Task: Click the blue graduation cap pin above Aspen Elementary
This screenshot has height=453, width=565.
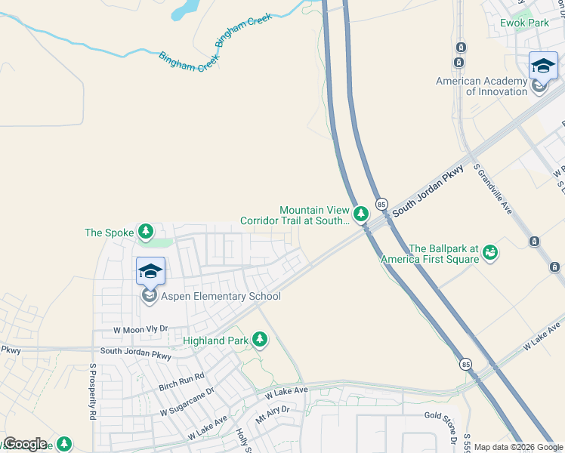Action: [x=150, y=271]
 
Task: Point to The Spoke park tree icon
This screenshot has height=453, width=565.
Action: [x=146, y=233]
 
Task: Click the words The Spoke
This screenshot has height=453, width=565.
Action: [x=109, y=233]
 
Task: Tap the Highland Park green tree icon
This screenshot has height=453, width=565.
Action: [x=261, y=341]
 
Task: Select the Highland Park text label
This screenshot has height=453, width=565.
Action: [x=215, y=341]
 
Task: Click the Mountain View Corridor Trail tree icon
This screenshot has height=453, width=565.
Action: [x=362, y=214]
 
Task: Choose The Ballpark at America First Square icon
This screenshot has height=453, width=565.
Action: [x=491, y=251]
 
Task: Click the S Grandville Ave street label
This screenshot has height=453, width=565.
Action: [x=492, y=189]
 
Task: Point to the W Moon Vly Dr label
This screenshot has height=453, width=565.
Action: [x=140, y=329]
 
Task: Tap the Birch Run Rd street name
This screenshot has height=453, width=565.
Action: [x=181, y=381]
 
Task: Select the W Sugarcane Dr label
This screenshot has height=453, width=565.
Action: [x=187, y=402]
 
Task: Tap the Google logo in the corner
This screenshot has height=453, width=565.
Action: [x=25, y=444]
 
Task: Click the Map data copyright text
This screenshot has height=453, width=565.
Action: [x=518, y=447]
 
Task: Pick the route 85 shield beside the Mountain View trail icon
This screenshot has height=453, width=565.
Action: [x=381, y=205]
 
